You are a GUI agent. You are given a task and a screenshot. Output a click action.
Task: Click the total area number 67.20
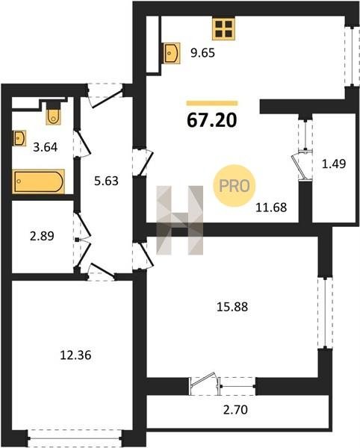[212, 120]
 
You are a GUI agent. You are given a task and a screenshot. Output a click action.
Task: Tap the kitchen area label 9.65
[202, 53]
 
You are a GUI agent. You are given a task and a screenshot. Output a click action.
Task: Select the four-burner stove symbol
[223, 29]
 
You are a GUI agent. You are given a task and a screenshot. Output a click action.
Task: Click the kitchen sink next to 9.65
[172, 53]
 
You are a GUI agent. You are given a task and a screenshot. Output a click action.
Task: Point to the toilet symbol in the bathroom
[54, 113]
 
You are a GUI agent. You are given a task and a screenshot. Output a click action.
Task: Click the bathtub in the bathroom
[39, 181]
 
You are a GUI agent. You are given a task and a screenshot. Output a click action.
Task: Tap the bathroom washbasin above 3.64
[19, 138]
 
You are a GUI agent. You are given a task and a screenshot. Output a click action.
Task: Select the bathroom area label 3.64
[45, 147]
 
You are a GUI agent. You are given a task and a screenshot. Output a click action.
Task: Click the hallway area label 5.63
[106, 181]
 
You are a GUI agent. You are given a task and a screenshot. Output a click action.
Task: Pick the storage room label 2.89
[42, 236]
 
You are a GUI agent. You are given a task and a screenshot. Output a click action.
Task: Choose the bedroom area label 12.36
[75, 355]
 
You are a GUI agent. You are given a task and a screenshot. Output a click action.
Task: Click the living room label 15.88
[232, 307]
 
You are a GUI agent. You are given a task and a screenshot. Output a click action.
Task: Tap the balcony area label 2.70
[235, 410]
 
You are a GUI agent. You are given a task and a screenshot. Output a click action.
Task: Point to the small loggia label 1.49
[334, 164]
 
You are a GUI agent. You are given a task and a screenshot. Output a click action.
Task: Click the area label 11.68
[271, 208]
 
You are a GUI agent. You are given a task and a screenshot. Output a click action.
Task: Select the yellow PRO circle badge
[235, 186]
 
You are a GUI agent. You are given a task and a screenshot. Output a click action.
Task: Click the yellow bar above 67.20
[212, 103]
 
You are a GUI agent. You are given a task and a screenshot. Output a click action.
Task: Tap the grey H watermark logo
[180, 220]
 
